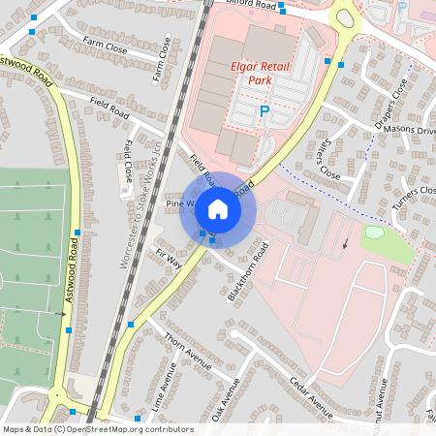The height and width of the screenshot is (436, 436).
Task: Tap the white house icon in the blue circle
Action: click(x=218, y=208)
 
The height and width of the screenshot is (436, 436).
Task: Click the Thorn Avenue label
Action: click(x=187, y=353)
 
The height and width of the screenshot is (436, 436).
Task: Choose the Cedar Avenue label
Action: click(x=310, y=397)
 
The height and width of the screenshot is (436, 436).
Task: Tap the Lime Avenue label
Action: click(x=167, y=386)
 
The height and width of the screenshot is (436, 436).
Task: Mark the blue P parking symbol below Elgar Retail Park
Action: click(x=264, y=113)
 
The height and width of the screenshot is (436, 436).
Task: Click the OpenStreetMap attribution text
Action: click(x=97, y=429)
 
